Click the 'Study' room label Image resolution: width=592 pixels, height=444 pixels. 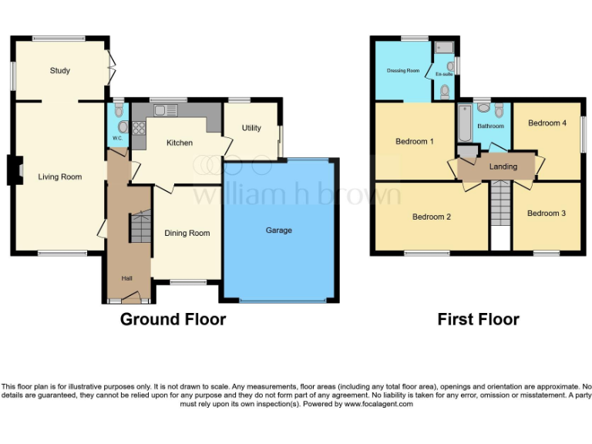60,71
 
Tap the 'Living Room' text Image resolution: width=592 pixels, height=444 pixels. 60,177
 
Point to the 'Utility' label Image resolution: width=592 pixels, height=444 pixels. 251,129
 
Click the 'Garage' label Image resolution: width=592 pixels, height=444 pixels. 279,230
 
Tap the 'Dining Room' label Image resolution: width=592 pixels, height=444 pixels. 187,233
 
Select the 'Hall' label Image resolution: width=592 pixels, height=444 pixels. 126,278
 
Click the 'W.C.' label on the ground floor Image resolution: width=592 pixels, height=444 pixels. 117,138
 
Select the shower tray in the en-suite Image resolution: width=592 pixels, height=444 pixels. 444,48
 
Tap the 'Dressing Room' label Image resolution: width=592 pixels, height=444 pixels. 403,71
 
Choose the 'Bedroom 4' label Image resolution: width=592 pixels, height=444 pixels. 547,123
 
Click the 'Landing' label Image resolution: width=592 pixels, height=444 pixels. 503,166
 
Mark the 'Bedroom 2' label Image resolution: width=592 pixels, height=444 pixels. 432,217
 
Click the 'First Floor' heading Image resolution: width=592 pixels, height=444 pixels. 478,319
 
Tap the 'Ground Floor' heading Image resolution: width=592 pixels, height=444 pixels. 173,319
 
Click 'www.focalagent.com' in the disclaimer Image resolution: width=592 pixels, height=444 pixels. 378,404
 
